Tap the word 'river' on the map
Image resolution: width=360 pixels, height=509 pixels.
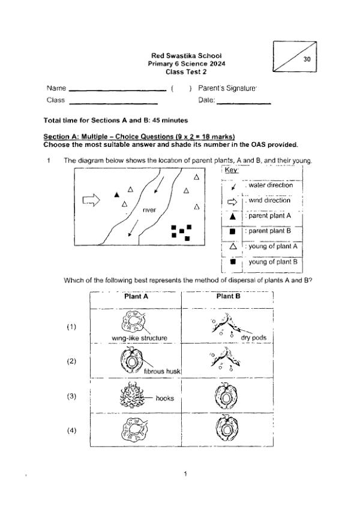click(x=149, y=210)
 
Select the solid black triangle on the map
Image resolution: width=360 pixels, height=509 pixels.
click(x=117, y=194)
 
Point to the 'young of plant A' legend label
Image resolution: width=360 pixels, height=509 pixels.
click(x=273, y=246)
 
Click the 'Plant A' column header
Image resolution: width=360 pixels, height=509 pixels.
click(x=136, y=296)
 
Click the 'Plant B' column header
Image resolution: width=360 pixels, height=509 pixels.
click(x=228, y=296)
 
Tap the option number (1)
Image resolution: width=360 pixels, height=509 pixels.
click(x=72, y=327)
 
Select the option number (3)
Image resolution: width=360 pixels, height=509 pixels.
click(x=72, y=396)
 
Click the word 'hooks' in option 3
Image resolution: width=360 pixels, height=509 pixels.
click(x=164, y=397)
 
